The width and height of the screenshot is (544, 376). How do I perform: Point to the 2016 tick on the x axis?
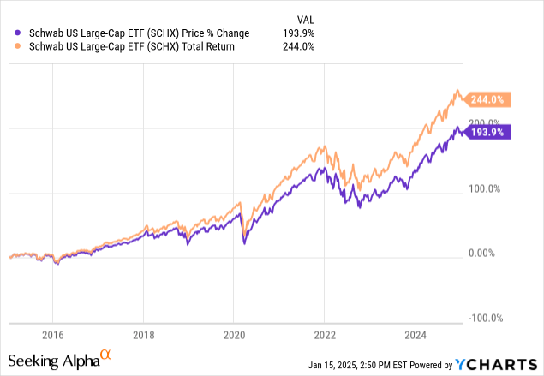pyautogui.click(x=52, y=333)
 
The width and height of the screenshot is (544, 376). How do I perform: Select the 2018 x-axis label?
pyautogui.click(x=143, y=333)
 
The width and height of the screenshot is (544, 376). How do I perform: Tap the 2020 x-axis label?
pyautogui.click(x=234, y=333)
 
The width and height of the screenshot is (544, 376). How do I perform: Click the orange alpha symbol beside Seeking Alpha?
pyautogui.click(x=106, y=354)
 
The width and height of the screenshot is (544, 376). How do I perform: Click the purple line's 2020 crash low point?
pyautogui.click(x=244, y=244)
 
